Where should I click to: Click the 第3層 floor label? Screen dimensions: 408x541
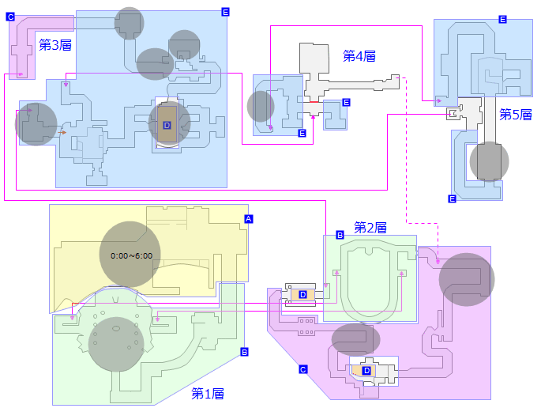click(x=55, y=45)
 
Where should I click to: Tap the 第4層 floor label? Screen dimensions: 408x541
click(x=359, y=55)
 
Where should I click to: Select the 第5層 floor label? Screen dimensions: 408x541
click(x=516, y=115)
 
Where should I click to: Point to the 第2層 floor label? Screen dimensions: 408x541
click(x=370, y=228)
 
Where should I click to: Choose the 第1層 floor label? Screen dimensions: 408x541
click(x=208, y=393)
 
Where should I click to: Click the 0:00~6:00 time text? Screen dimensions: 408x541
click(x=131, y=256)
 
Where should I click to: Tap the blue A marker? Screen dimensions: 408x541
click(x=248, y=218)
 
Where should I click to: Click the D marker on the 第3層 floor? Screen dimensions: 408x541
click(x=167, y=125)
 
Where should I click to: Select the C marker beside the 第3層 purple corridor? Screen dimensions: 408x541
click(x=10, y=17)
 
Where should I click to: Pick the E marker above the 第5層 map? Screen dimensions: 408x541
click(x=502, y=20)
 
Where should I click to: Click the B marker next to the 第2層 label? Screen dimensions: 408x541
click(x=340, y=236)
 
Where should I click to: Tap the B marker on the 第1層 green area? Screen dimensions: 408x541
click(x=244, y=352)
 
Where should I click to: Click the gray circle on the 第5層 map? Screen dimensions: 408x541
click(x=489, y=161)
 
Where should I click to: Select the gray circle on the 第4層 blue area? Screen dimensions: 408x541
click(x=261, y=106)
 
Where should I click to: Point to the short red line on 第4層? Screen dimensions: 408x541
click(x=314, y=103)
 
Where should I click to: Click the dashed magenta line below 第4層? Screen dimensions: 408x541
click(x=406, y=158)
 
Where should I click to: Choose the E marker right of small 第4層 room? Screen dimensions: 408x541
click(x=346, y=102)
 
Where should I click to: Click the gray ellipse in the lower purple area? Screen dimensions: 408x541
click(x=355, y=339)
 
